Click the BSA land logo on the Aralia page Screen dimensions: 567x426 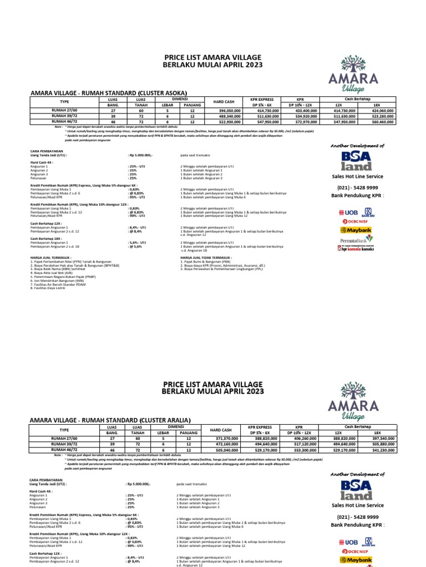(x=357, y=489)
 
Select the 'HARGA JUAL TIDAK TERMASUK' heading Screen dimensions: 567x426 (x=206, y=257)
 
